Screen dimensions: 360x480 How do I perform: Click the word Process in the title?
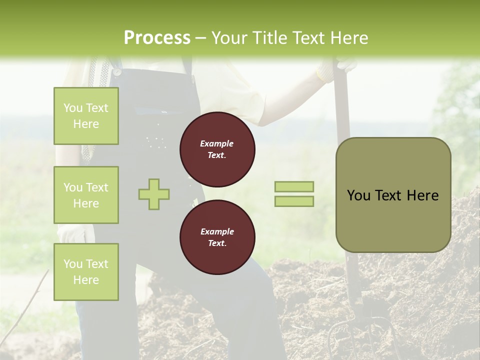click(x=157, y=38)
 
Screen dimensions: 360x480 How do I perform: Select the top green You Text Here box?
click(x=86, y=116)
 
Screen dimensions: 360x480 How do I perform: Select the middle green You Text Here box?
click(x=86, y=195)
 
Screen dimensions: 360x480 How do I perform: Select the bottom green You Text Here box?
click(x=86, y=272)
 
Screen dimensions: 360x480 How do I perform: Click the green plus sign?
click(x=154, y=194)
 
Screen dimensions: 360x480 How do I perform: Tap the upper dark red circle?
click(x=217, y=149)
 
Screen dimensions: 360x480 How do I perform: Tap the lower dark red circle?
click(x=217, y=237)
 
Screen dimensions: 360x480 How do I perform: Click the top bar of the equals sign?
click(x=294, y=187)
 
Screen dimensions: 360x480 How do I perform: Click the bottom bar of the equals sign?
click(x=294, y=201)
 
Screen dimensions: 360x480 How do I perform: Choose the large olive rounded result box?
click(x=393, y=195)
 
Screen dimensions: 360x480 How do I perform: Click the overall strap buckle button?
click(x=117, y=71)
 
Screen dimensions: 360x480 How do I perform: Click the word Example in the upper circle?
click(x=217, y=143)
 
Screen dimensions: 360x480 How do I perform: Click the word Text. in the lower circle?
click(x=217, y=243)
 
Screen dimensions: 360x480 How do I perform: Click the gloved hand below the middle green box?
click(x=70, y=233)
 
